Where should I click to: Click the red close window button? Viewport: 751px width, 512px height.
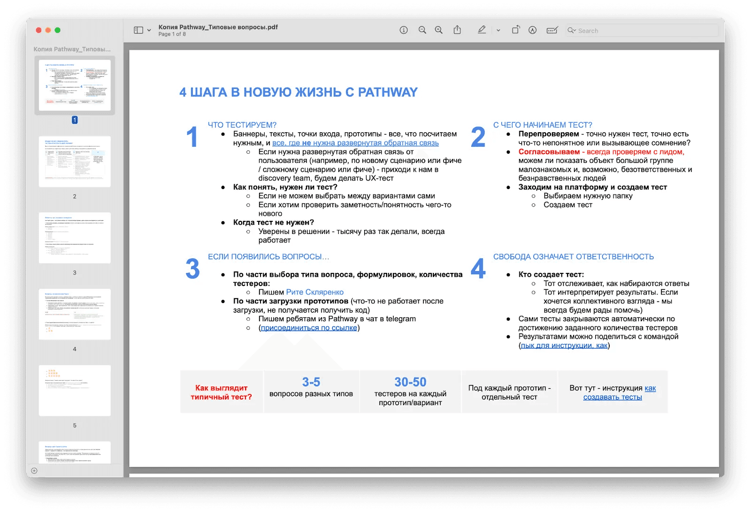click(x=38, y=30)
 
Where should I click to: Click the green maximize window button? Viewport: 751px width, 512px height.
click(x=57, y=30)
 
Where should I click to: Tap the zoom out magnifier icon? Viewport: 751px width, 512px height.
click(x=422, y=30)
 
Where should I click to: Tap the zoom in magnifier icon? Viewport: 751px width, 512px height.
click(x=439, y=30)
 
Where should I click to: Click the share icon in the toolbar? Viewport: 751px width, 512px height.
click(x=457, y=30)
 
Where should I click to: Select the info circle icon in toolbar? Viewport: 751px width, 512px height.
click(x=404, y=30)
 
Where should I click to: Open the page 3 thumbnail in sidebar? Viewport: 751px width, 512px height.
click(x=75, y=238)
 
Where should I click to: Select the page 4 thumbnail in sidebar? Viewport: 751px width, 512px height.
click(x=75, y=314)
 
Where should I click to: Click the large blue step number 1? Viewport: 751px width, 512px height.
click(x=192, y=137)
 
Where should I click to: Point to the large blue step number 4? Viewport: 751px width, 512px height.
click(x=478, y=269)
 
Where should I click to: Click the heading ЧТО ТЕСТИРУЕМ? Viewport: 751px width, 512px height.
click(x=242, y=125)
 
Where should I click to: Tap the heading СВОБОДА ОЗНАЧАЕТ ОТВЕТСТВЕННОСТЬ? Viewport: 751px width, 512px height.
click(x=573, y=256)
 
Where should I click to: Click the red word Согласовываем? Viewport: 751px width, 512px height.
click(x=549, y=151)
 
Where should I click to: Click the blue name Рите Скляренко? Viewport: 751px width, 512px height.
click(x=314, y=292)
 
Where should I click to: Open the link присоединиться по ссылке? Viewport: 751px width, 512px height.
click(x=309, y=328)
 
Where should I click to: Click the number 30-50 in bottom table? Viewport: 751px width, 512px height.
click(x=410, y=382)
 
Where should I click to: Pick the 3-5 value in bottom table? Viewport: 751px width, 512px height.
click(x=311, y=382)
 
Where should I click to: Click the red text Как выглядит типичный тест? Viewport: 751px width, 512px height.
click(x=221, y=392)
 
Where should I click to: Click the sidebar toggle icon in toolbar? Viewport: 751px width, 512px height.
click(x=138, y=30)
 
